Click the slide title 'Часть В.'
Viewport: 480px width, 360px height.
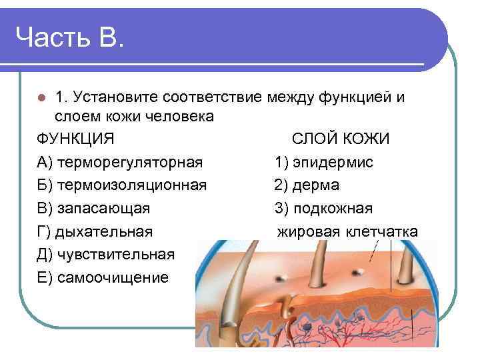pos(69,37)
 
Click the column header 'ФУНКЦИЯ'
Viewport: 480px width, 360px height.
pos(75,139)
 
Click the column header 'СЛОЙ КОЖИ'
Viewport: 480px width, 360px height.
pos(341,139)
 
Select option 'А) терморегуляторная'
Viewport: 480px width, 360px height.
pos(120,162)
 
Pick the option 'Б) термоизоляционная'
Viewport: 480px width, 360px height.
pos(121,185)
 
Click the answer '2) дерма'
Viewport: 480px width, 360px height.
pos(307,185)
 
